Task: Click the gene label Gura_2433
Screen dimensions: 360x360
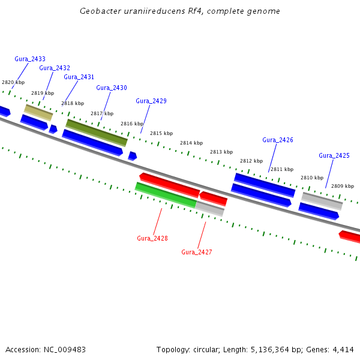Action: pyautogui.click(x=30, y=59)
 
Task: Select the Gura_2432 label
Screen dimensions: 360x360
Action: pyautogui.click(x=55, y=68)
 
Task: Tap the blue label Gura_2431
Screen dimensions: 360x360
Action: pyautogui.click(x=79, y=77)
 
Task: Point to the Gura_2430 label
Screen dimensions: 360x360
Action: pyautogui.click(x=112, y=88)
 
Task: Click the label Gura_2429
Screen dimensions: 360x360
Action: pyautogui.click(x=151, y=101)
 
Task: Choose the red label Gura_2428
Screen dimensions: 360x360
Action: pyautogui.click(x=152, y=238)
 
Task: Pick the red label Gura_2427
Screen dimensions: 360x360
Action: pyautogui.click(x=197, y=252)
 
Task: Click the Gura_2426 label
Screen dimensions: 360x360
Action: pyautogui.click(x=278, y=140)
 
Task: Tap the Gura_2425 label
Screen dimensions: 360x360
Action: pyautogui.click(x=334, y=155)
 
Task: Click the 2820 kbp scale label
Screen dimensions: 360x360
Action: pyautogui.click(x=13, y=82)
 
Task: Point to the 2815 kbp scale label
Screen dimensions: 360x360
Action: pyautogui.click(x=161, y=133)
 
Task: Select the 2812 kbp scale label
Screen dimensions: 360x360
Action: pyautogui.click(x=251, y=161)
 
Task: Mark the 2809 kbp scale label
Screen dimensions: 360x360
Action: pyautogui.click(x=343, y=186)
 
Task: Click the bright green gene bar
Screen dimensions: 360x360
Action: pyautogui.click(x=166, y=195)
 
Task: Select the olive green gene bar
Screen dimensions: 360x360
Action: pyautogui.click(x=97, y=133)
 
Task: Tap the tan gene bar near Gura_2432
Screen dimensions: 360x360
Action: pyautogui.click(x=38, y=112)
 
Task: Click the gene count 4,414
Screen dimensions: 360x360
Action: pyautogui.click(x=343, y=349)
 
